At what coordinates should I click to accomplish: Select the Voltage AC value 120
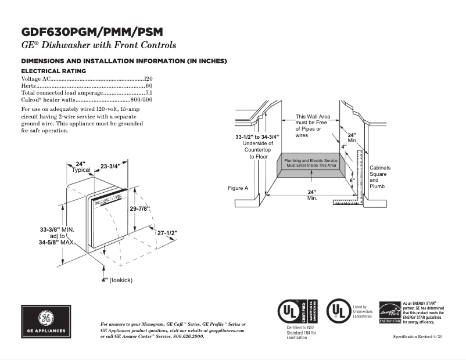click(x=148, y=78)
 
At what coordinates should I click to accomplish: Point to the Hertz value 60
click(x=149, y=86)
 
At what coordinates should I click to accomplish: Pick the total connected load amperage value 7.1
click(x=148, y=93)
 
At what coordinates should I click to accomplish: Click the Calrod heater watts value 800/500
click(x=141, y=100)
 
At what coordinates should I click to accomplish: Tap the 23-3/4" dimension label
click(x=110, y=167)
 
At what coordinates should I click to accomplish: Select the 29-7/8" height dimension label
click(x=139, y=208)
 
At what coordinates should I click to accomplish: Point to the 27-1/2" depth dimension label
click(x=167, y=233)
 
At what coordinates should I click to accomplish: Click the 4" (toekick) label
click(x=117, y=280)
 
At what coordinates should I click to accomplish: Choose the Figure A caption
click(x=238, y=188)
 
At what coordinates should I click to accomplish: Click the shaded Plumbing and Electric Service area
click(x=310, y=163)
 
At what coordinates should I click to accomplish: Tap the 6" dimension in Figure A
click(x=352, y=181)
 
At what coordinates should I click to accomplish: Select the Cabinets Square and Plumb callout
click(x=380, y=177)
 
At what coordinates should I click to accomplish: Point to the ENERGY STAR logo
click(x=389, y=313)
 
